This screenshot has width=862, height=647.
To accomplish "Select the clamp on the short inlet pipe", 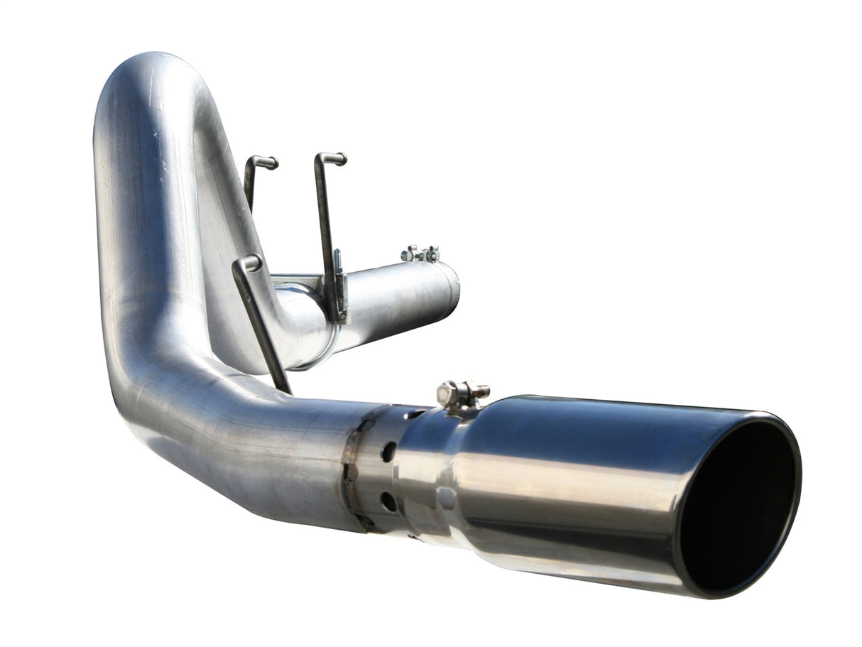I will [x=421, y=254].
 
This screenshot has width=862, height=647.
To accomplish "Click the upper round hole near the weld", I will [x=388, y=452].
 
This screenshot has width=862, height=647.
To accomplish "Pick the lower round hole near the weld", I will [x=389, y=501].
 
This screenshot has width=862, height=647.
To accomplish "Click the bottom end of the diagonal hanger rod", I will [x=285, y=387].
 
